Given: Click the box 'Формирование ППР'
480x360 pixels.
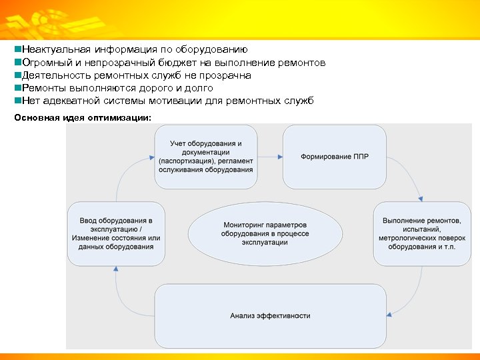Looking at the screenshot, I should coord(335,157).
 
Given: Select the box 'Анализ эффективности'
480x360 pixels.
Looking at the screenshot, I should coord(270,315).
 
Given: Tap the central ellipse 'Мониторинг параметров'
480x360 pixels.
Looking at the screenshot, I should coord(265,233).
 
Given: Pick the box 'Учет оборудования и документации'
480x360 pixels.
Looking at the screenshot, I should coord(205,157).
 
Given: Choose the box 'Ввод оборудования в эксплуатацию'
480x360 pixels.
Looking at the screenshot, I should coord(116,233).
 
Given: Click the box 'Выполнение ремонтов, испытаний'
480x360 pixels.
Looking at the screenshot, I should coord(422,233).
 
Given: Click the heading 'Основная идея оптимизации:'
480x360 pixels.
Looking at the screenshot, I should coord(83,118).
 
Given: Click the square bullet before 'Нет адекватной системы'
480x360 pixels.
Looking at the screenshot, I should coord(17,101).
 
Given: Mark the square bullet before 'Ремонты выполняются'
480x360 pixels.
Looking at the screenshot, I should coord(17,88).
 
